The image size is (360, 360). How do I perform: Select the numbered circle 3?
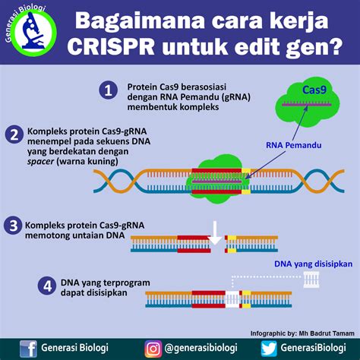(12, 226)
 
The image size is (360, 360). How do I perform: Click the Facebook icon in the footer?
(30, 348)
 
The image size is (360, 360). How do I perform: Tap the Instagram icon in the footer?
(153, 348)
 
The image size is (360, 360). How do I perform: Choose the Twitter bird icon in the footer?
(267, 348)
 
